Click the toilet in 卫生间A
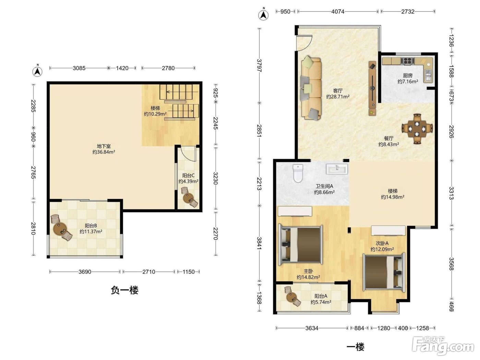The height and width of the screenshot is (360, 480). pyautogui.click(x=298, y=173)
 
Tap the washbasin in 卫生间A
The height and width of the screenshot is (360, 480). pyautogui.click(x=337, y=169)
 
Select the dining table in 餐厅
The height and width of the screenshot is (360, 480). pyautogui.click(x=417, y=129)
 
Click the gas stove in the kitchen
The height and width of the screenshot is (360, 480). pyautogui.click(x=407, y=61)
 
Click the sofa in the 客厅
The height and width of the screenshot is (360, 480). pyautogui.click(x=311, y=88)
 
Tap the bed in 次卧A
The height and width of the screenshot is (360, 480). pyautogui.click(x=384, y=272)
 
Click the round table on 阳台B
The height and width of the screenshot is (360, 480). pyautogui.click(x=60, y=229)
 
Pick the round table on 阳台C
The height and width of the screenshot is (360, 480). pyautogui.click(x=188, y=198)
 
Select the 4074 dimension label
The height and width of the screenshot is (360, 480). pyautogui.click(x=338, y=12)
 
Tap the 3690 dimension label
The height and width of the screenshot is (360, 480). pyautogui.click(x=85, y=272)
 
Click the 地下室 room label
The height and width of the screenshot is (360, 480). pyautogui.click(x=104, y=146)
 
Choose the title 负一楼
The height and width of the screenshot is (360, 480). pyautogui.click(x=124, y=290)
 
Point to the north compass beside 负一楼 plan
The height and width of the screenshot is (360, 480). pyautogui.click(x=37, y=71)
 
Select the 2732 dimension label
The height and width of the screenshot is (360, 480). pyautogui.click(x=408, y=12)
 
